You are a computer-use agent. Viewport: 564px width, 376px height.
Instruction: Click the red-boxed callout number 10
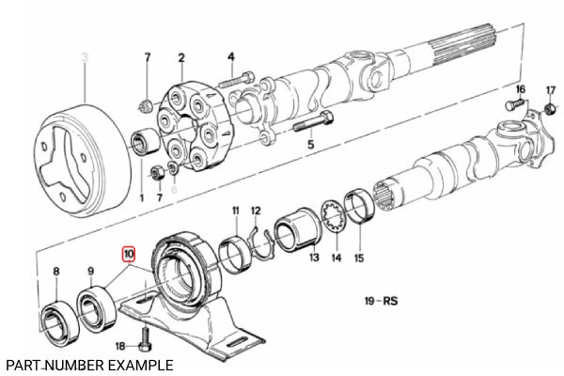128,254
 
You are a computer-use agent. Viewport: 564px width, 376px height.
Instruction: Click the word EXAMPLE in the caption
140,364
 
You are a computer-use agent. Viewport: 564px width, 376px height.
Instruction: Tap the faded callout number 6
173,197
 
